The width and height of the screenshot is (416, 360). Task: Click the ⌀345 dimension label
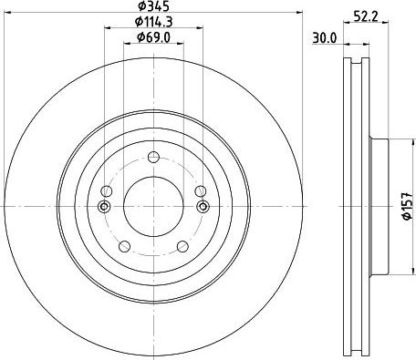coord(153,5)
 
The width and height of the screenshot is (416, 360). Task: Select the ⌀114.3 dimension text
coord(153,21)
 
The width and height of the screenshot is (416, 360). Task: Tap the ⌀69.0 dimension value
coord(153,37)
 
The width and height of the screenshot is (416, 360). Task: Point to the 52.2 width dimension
coord(366,15)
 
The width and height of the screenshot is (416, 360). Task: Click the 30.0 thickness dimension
coord(325,38)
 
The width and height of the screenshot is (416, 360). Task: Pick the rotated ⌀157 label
coord(407,206)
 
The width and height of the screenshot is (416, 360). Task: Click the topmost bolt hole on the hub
coord(153,157)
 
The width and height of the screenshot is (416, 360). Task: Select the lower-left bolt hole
coord(124,246)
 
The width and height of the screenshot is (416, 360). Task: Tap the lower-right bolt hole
coord(183,246)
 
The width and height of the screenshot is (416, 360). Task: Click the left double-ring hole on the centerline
coord(104,206)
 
